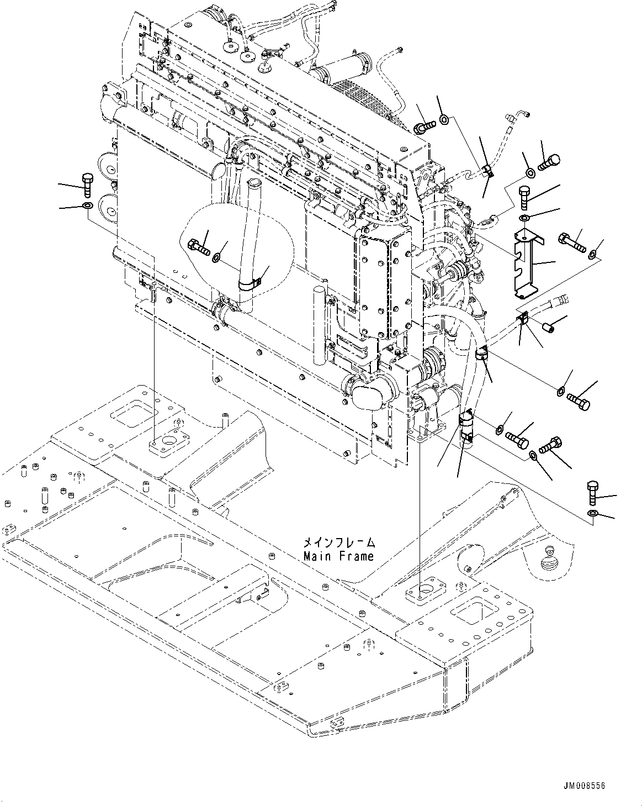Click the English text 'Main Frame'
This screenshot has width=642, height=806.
pyautogui.click(x=338, y=556)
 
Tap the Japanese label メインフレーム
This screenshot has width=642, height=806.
pyautogui.click(x=338, y=542)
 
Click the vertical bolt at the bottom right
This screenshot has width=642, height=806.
pyautogui.click(x=592, y=492)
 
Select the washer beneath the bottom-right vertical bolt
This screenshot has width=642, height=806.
pyautogui.click(x=592, y=514)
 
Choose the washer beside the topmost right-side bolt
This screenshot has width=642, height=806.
pyautogui.click(x=445, y=119)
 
